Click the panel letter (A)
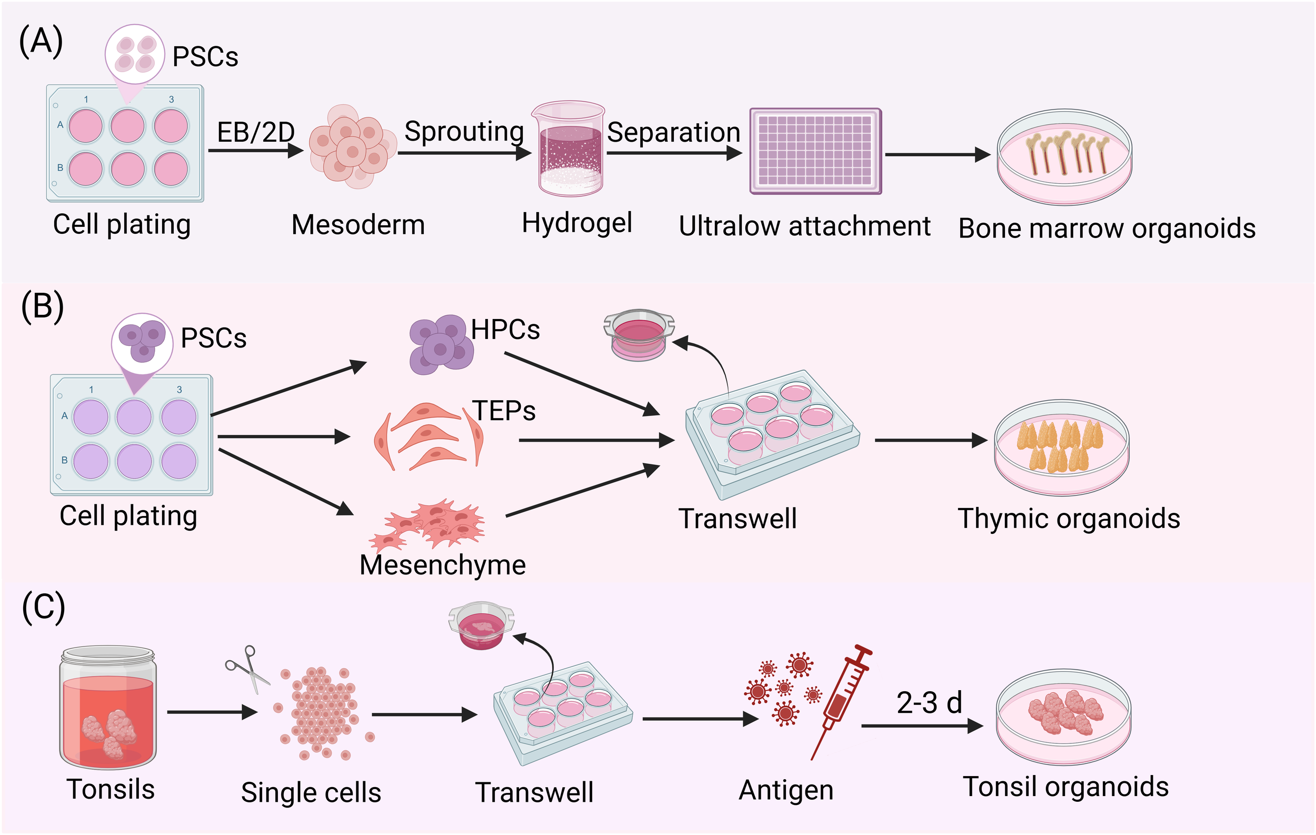41,42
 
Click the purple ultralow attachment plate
815,151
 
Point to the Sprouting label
464,131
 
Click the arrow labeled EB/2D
255,150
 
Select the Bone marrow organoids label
1106,228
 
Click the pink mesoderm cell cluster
352,146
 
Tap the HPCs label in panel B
505,330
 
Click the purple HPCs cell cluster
441,344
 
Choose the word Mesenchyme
442,564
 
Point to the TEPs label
504,411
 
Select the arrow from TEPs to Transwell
596,440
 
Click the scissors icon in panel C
248,668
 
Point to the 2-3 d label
929,703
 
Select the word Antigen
786,790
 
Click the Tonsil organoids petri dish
1063,717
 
